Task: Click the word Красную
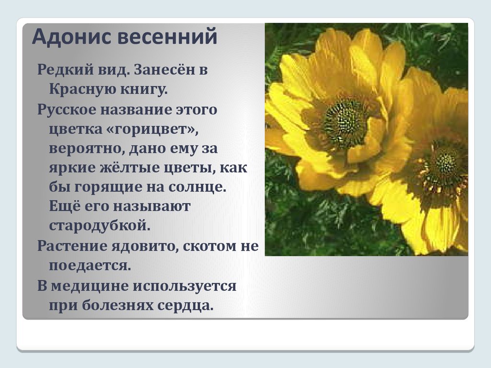(78, 90)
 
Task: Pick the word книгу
(140, 90)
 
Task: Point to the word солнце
(197, 187)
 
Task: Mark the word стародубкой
(100, 226)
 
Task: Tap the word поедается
(90, 265)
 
